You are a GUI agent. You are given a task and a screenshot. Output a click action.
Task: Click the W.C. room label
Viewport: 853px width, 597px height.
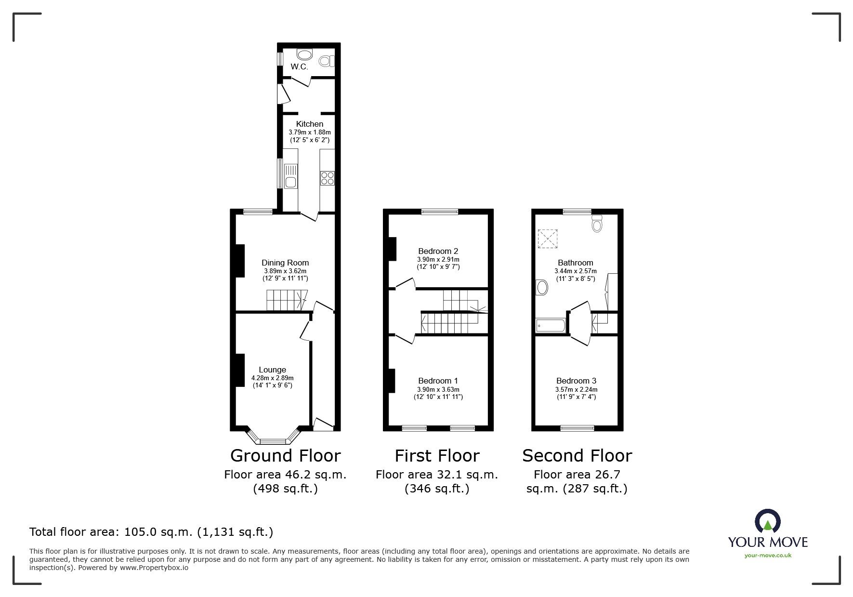[x=299, y=67]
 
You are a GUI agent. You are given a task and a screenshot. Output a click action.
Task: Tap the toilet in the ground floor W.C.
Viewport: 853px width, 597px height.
[x=326, y=61]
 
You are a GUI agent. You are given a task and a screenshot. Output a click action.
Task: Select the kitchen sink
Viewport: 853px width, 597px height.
[x=290, y=182]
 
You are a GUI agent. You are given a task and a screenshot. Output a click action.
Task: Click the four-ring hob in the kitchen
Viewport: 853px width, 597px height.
[x=327, y=178]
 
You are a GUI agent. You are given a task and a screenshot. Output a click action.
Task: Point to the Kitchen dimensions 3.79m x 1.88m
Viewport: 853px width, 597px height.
[x=309, y=132]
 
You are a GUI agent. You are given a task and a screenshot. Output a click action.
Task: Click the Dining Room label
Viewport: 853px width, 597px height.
[x=285, y=263]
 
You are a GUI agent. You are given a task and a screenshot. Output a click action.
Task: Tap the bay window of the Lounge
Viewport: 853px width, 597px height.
[x=273, y=440]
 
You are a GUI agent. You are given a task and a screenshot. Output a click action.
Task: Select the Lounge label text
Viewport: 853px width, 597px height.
[x=272, y=370]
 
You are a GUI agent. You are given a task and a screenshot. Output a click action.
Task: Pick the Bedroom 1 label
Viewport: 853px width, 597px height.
[x=438, y=381]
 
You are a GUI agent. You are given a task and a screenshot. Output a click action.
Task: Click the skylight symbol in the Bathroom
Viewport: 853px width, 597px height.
[x=547, y=239]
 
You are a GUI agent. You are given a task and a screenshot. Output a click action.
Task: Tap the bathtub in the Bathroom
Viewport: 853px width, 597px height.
[x=551, y=326]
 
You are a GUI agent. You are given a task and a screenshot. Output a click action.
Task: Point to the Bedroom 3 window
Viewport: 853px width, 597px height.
[x=577, y=427]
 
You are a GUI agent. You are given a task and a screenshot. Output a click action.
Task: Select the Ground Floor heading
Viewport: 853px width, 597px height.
[x=285, y=456]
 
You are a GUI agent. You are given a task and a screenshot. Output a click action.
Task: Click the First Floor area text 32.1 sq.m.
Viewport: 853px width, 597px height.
[x=436, y=475]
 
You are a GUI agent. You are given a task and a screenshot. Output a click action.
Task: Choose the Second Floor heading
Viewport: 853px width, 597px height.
[x=577, y=456]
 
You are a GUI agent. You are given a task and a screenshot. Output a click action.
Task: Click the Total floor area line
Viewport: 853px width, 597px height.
[x=151, y=532]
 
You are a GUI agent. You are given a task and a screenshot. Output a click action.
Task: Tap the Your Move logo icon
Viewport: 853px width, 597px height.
[x=767, y=521]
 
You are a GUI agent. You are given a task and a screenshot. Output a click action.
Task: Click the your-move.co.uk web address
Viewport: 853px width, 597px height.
[x=768, y=556]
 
